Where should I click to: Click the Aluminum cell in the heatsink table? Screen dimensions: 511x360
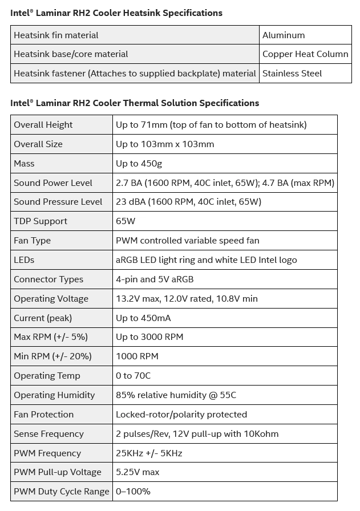(x=284, y=35)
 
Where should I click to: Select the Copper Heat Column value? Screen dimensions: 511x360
(x=305, y=54)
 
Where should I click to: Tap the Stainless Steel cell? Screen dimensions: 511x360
(x=292, y=74)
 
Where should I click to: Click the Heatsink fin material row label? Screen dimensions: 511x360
(x=56, y=35)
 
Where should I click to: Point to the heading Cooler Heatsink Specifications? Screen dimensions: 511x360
(x=116, y=13)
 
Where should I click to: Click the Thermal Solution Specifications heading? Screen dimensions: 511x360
(x=135, y=103)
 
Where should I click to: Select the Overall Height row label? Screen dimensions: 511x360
(x=43, y=125)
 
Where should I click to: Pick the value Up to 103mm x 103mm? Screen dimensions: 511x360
(x=165, y=144)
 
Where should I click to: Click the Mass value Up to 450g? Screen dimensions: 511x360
(x=139, y=164)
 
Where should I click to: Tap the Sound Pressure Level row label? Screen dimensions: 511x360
(x=58, y=202)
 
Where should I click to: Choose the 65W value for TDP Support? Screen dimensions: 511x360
(x=126, y=221)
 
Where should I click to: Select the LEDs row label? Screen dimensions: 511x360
(x=24, y=260)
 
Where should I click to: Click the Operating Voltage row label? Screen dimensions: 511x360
(x=51, y=299)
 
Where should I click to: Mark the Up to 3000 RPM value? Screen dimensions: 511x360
(x=149, y=337)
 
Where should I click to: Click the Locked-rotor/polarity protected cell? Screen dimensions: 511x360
(x=181, y=415)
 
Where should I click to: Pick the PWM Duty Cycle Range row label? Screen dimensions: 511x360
(x=62, y=492)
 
